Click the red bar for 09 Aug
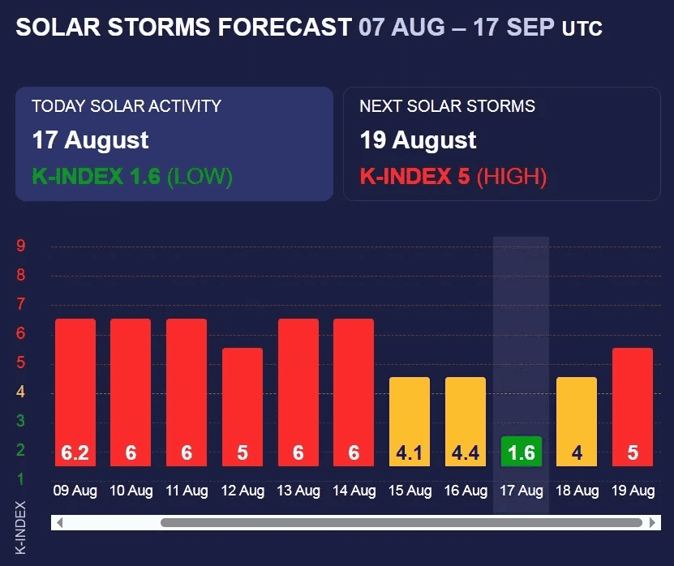tap(75, 392)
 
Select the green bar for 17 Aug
tap(522, 451)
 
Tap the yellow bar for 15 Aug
tap(410, 422)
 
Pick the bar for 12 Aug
tap(243, 407)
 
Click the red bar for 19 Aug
tap(633, 407)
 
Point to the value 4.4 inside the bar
tap(465, 452)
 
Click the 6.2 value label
tap(75, 452)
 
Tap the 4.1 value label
tap(409, 452)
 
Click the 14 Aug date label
tap(354, 491)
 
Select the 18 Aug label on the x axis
tap(577, 491)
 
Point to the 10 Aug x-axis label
tap(131, 491)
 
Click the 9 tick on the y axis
tap(20, 246)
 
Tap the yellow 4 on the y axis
tap(20, 392)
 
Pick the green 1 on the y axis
tap(20, 478)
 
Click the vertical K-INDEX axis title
tap(20, 527)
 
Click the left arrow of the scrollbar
tap(60, 522)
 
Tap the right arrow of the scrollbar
tap(653, 522)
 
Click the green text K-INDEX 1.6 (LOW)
tap(132, 176)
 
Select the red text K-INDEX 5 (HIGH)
tap(453, 176)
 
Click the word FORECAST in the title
tap(285, 27)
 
